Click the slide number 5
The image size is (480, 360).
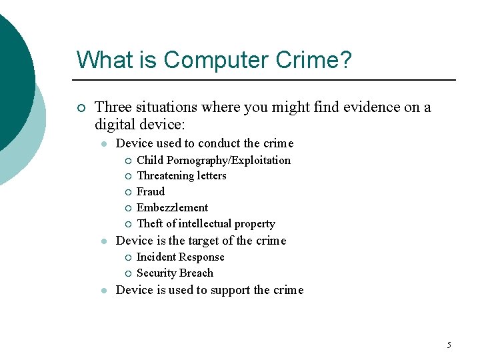(449, 345)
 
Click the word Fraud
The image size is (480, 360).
(151, 191)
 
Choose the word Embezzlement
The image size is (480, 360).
(172, 207)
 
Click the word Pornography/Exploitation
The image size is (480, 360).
(229, 160)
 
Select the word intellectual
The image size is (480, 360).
(202, 223)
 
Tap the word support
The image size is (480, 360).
(230, 290)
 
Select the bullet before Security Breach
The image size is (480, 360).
(127, 273)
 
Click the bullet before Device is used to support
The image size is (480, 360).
(105, 291)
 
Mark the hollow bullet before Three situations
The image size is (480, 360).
(81, 107)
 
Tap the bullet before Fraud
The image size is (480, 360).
(127, 192)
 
